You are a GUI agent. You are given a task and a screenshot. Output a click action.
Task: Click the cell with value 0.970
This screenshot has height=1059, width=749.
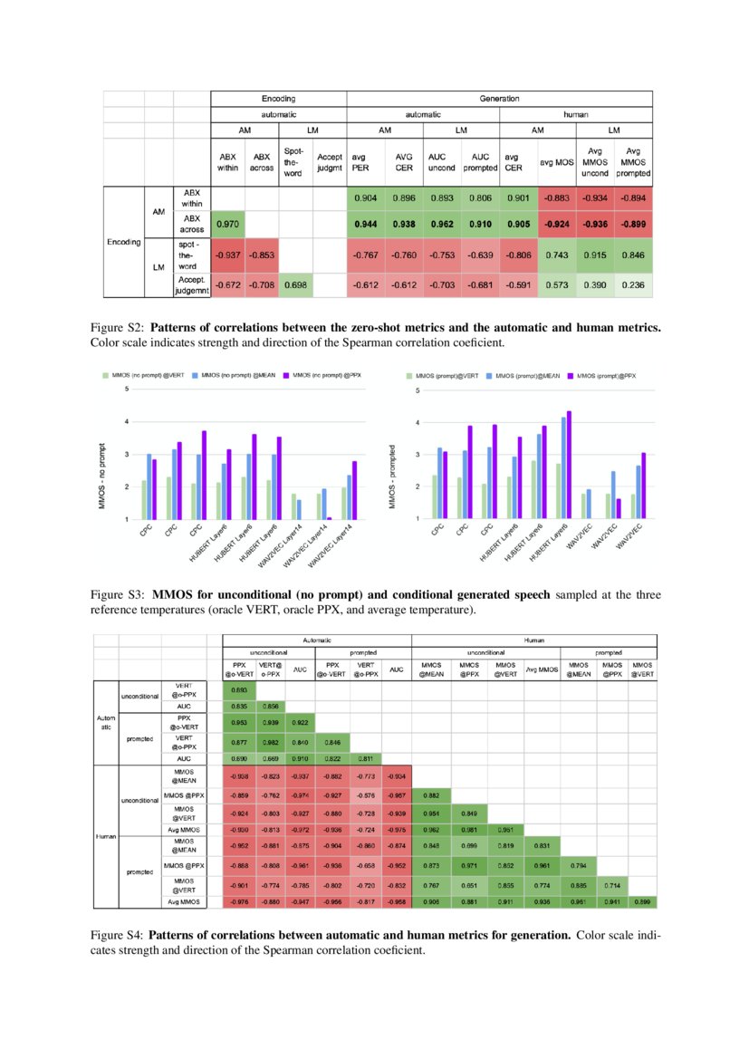(x=227, y=222)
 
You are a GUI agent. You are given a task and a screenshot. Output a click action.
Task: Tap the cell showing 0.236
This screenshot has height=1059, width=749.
(x=633, y=284)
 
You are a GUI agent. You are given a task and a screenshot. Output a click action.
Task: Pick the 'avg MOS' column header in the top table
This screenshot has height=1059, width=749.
(x=556, y=162)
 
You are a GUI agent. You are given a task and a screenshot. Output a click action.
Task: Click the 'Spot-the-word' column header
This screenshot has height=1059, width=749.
(x=293, y=162)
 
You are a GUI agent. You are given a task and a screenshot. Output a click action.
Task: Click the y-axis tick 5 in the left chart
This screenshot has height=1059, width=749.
(x=127, y=390)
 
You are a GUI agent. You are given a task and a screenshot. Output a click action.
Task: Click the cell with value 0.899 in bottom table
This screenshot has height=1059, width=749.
(x=641, y=901)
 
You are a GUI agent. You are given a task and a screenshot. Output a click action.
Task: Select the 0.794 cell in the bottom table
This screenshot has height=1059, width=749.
(x=576, y=864)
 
